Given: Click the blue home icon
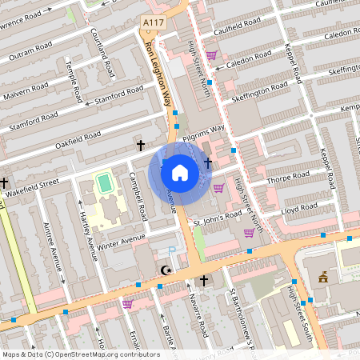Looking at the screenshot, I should point(180,173).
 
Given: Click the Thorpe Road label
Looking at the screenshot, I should point(282,181).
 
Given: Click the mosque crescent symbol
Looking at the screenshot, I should point(166,270).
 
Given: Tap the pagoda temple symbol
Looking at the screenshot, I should point(323,278).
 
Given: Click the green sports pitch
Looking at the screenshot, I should point(103,182).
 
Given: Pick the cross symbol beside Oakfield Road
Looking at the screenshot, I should point(141,146).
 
